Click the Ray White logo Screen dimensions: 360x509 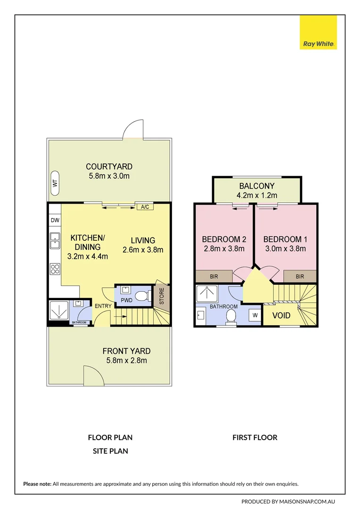pos(318,32)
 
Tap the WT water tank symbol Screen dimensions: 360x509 pos(55,183)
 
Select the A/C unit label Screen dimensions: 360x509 pos(145,207)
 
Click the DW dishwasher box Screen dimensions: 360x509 pos(55,220)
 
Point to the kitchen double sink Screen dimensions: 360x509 pos(55,241)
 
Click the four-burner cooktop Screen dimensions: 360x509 pos(55,269)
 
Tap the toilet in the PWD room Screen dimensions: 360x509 pos(142,296)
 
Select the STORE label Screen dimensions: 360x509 pos(162,296)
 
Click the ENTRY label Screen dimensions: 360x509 pos(103,306)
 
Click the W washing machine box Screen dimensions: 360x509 pos(255,315)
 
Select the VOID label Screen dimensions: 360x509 pos(281,315)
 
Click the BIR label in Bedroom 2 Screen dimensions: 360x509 pos(214,277)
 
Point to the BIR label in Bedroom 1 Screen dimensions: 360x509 pos(300,277)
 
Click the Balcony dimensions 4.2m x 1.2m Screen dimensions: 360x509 pos(257,196)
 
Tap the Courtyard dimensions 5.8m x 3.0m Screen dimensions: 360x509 pos(109,176)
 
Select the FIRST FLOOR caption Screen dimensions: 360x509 pos(255,437)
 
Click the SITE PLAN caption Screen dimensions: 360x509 pos(110,451)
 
